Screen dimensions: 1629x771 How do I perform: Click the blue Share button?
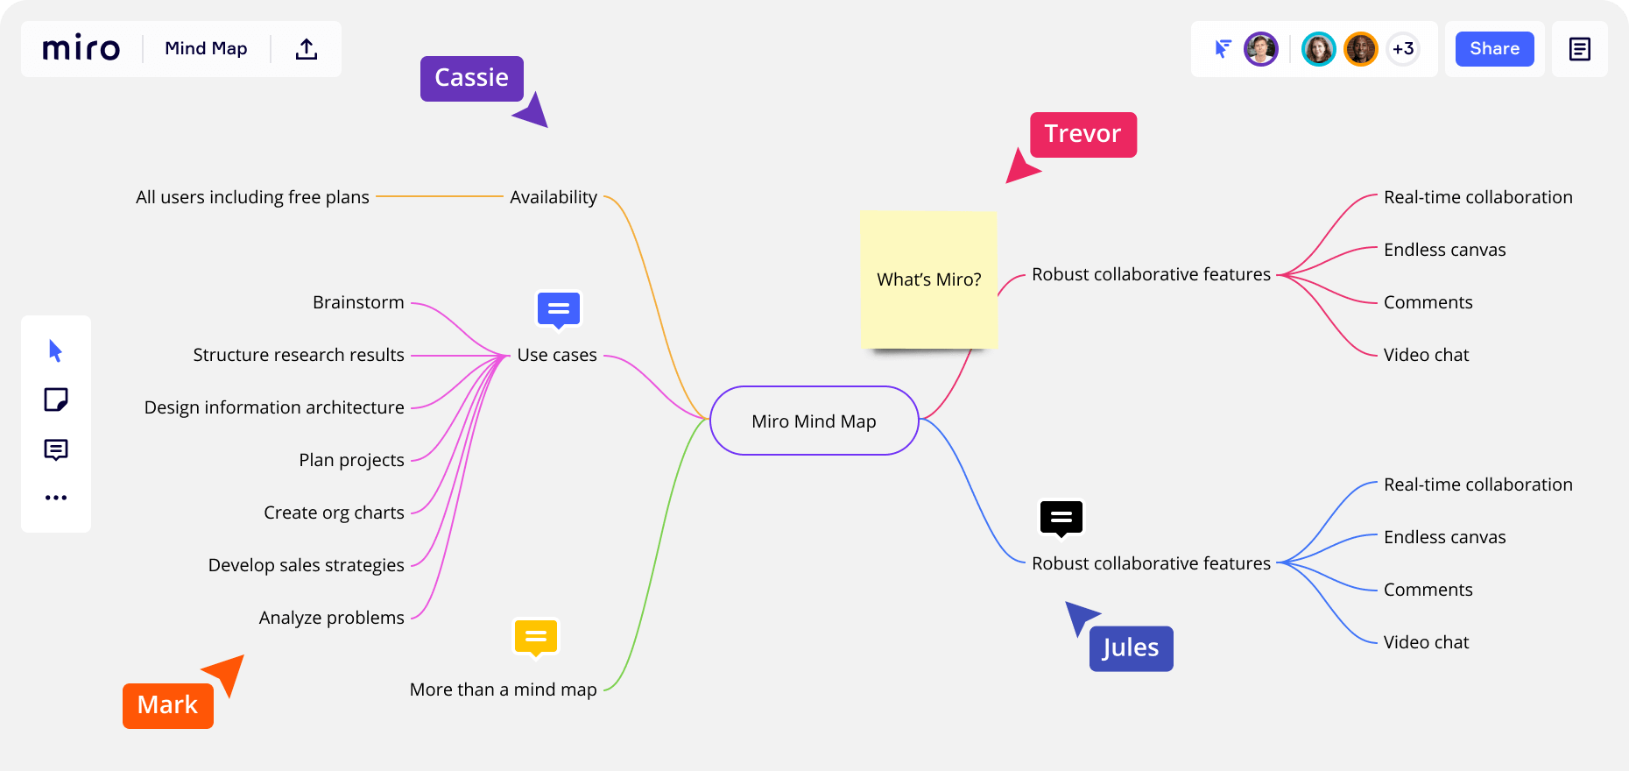tap(1494, 49)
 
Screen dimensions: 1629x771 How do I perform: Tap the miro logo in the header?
tap(81, 48)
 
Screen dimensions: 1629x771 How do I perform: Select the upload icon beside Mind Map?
tap(307, 49)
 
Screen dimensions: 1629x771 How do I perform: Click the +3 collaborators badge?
tap(1403, 49)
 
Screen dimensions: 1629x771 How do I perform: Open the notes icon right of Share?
tap(1580, 49)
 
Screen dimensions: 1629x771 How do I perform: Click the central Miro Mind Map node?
tap(814, 421)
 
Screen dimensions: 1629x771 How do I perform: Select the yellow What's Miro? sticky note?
tap(929, 279)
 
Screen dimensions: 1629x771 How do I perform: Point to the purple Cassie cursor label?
tap(472, 78)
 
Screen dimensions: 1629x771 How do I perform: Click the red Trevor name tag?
tap(1083, 134)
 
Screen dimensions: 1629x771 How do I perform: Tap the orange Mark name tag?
tap(168, 705)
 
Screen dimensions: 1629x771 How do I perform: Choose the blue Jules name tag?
tap(1131, 648)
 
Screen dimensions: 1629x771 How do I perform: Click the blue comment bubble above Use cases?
tap(559, 310)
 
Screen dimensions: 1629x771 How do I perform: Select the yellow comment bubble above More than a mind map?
tap(536, 638)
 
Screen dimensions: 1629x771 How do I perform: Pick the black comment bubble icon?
tap(1061, 519)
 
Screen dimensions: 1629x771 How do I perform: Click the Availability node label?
tap(554, 197)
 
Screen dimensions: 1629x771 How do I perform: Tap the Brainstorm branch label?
tap(358, 302)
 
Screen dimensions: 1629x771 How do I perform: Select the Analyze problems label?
tap(332, 618)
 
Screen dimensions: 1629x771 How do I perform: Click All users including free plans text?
tap(252, 197)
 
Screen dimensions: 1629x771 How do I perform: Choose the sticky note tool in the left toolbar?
tap(56, 400)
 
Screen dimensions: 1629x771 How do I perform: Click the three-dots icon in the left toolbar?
tap(56, 498)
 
